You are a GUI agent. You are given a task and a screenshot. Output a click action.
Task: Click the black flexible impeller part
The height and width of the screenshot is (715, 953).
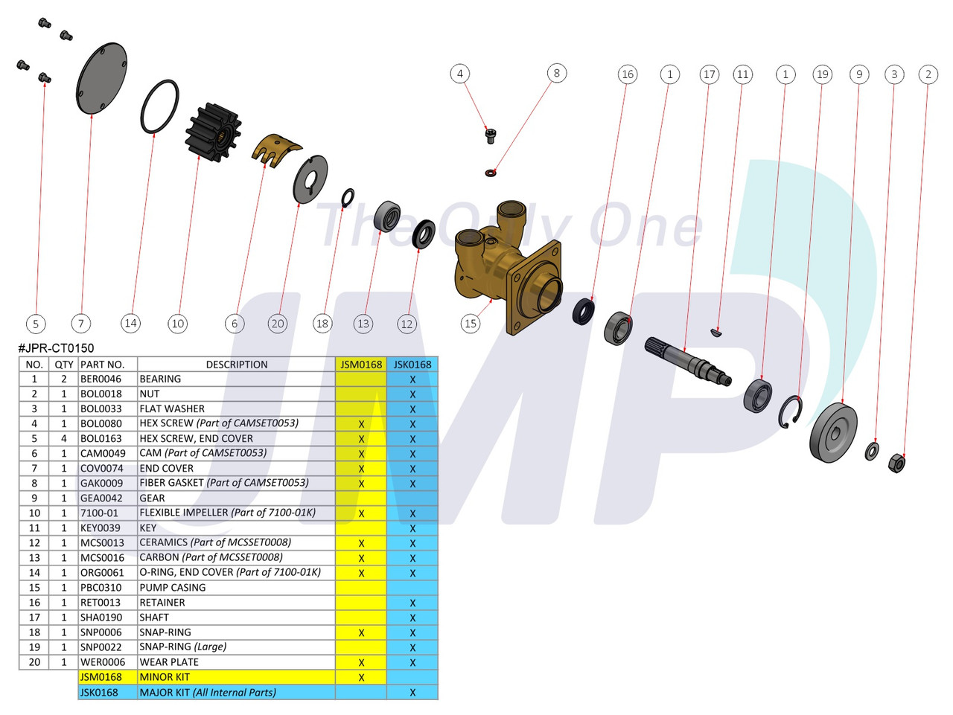click(213, 132)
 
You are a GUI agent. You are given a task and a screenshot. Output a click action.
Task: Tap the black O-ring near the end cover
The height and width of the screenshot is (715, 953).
click(159, 107)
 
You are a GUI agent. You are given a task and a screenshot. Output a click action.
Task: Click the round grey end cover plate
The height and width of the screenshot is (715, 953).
click(101, 79)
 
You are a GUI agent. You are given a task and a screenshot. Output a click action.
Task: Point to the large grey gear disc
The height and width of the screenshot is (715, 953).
click(833, 433)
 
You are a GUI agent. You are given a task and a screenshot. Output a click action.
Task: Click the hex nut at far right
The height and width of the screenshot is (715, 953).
click(897, 464)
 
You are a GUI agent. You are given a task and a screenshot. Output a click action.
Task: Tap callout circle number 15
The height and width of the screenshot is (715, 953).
click(471, 324)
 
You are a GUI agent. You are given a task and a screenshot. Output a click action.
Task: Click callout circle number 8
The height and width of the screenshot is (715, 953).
click(556, 73)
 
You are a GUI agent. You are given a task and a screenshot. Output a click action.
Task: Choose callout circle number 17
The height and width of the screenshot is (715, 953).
click(709, 74)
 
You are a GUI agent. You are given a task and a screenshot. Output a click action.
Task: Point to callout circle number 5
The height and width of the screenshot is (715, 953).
click(35, 324)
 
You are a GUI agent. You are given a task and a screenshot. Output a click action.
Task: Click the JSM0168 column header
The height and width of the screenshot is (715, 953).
click(361, 365)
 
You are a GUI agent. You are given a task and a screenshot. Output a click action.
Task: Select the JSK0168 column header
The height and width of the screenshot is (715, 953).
click(412, 365)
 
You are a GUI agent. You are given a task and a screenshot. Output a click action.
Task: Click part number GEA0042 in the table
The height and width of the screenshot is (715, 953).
click(101, 498)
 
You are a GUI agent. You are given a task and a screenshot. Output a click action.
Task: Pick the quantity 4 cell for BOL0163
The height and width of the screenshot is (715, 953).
click(63, 439)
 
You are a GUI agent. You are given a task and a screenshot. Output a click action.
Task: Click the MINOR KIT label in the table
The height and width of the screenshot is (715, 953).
click(165, 677)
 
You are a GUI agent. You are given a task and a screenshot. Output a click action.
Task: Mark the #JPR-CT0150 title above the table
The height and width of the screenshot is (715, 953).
click(57, 348)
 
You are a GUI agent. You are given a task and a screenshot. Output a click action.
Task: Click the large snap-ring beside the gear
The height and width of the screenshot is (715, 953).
click(791, 412)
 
